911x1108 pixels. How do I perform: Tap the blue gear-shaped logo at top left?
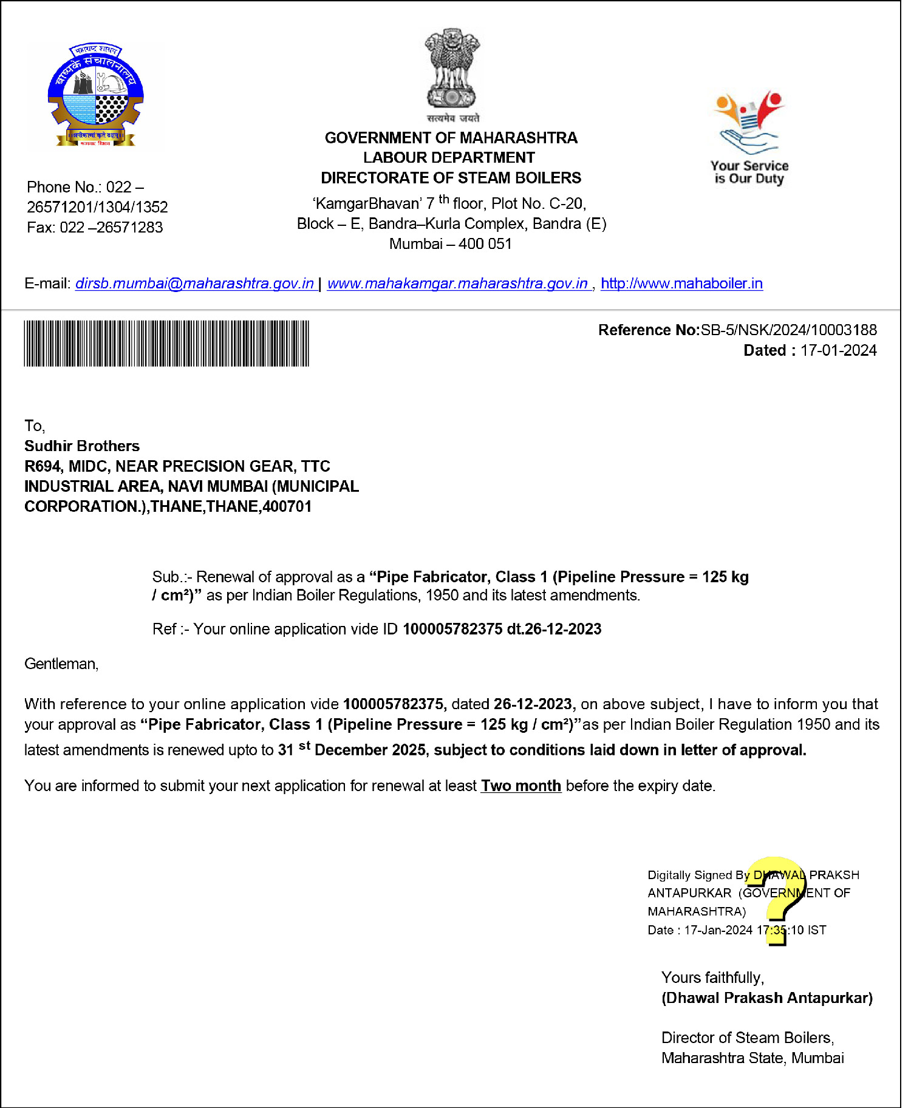[x=95, y=95]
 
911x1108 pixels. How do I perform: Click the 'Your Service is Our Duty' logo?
[x=749, y=138]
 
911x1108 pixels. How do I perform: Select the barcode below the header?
[x=166, y=344]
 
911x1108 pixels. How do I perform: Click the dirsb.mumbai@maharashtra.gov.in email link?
[x=194, y=284]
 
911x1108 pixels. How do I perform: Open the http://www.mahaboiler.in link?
[x=681, y=284]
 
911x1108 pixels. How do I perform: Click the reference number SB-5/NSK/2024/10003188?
[x=788, y=330]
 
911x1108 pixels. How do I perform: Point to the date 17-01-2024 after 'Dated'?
[x=838, y=350]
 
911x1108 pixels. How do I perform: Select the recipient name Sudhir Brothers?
[x=82, y=446]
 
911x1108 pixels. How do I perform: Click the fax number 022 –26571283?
[x=111, y=227]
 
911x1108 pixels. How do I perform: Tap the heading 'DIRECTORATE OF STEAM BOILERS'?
[x=451, y=178]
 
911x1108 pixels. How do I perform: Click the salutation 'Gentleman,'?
[x=61, y=664]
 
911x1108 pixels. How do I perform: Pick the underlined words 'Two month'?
[x=520, y=786]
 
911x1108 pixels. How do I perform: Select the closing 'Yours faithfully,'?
[x=712, y=977]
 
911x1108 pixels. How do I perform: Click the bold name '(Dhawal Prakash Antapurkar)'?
[x=766, y=998]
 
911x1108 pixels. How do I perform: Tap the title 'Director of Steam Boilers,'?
[x=747, y=1038]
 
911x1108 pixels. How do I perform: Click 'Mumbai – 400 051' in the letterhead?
[x=451, y=244]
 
